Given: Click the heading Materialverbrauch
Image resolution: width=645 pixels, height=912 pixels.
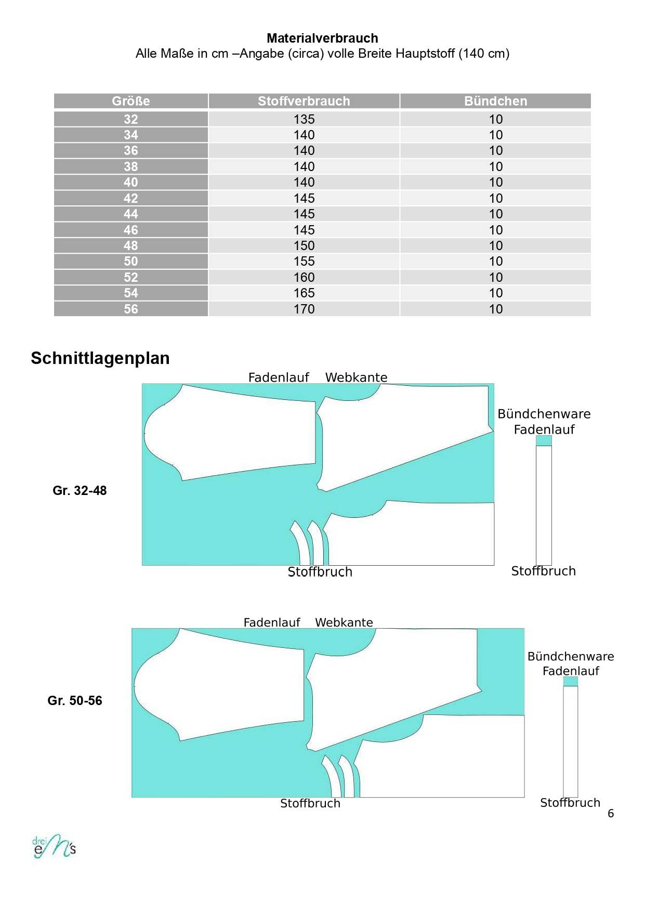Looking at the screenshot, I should [x=322, y=38].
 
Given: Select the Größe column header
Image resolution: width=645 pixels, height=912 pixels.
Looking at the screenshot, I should [x=131, y=101].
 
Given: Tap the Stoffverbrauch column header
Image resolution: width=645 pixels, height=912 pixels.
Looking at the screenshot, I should [x=304, y=101].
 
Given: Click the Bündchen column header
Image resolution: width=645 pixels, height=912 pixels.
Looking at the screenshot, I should [x=495, y=101].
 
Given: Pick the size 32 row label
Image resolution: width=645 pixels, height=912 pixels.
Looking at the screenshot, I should [x=131, y=119].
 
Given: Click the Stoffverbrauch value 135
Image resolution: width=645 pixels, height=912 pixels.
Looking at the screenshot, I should [x=304, y=119].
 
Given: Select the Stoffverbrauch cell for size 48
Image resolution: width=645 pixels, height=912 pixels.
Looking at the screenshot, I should [x=304, y=245].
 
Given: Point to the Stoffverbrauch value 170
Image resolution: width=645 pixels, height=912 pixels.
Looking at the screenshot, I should [x=304, y=309].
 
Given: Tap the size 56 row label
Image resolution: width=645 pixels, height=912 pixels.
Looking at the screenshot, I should [x=131, y=309].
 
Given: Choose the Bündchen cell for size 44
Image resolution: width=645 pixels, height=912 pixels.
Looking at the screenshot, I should [x=495, y=214].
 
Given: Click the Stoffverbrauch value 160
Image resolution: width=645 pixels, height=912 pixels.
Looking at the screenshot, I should [x=304, y=277].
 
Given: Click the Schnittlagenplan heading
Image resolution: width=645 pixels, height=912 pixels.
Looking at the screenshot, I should [x=100, y=358].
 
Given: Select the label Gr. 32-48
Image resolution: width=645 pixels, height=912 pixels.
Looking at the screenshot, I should [x=80, y=490].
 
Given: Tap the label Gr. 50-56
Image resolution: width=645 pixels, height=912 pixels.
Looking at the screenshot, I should [x=75, y=700].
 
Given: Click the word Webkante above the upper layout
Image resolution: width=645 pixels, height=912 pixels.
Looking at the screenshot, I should [x=356, y=377].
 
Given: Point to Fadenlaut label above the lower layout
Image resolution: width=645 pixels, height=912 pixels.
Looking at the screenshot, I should [x=272, y=622].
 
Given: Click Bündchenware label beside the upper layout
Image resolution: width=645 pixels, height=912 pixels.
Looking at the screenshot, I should [x=544, y=414].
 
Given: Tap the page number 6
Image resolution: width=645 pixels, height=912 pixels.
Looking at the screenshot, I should [x=611, y=813].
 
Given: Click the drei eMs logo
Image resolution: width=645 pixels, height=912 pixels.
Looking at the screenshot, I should [x=54, y=846].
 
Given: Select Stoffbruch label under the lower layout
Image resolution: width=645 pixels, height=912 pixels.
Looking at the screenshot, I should [x=310, y=803].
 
